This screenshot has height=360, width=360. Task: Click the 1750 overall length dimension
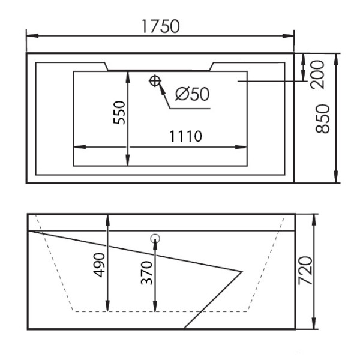[160, 26]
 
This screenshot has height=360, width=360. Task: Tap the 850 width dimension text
[323, 119]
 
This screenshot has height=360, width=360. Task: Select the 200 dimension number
[317, 74]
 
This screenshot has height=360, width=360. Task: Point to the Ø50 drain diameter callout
[193, 94]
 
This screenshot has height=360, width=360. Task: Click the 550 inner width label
[119, 113]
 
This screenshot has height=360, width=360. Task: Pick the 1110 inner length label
[185, 136]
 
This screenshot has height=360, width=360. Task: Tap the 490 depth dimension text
[99, 265]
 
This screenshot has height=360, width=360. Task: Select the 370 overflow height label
[146, 273]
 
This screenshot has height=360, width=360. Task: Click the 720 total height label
[305, 271]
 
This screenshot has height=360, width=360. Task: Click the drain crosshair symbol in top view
[155, 81]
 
